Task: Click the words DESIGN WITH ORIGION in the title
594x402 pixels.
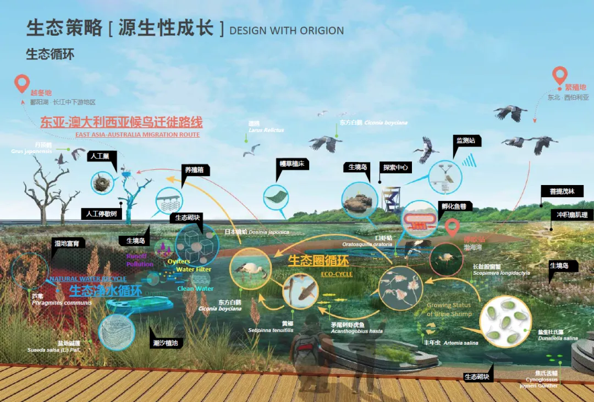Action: [x=287, y=30]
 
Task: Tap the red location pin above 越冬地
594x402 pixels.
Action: [x=23, y=84]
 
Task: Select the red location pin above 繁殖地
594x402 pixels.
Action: [x=560, y=75]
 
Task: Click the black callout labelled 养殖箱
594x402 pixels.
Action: [x=194, y=170]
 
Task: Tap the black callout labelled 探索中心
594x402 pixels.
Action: [x=395, y=167]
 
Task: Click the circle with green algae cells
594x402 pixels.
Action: [x=506, y=321]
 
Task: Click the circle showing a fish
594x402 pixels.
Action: [x=300, y=291]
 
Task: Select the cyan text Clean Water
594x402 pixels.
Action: [x=195, y=289]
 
